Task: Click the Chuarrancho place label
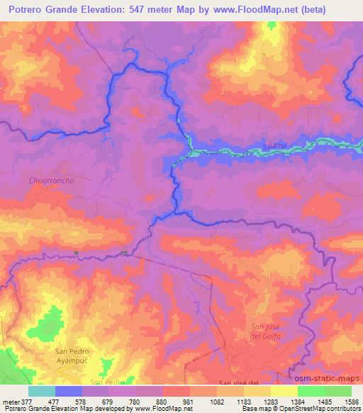52,180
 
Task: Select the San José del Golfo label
266,331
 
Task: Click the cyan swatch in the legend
43,391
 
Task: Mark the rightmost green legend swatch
338,391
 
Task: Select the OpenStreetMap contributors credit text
320,409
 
